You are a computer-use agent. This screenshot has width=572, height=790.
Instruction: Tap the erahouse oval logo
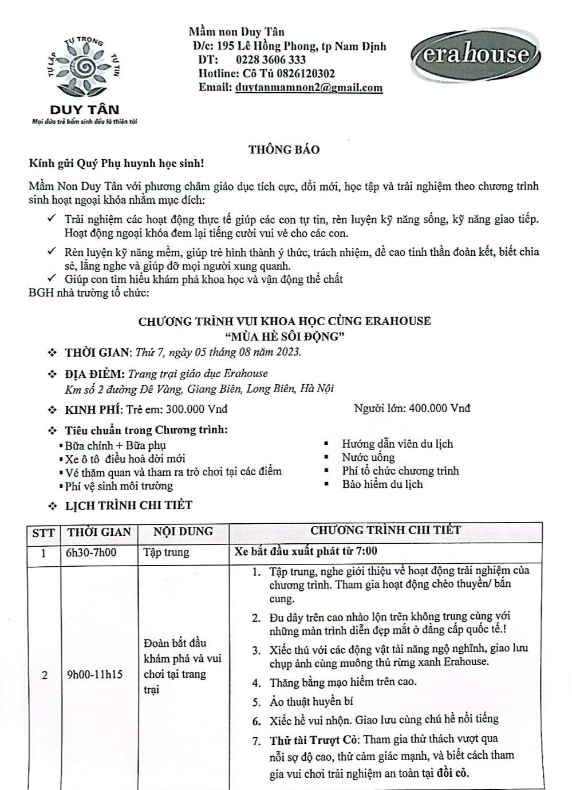[479, 55]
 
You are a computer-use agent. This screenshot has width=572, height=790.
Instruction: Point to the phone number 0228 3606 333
[271, 60]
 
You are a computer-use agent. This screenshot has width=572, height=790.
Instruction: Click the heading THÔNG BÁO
[284, 150]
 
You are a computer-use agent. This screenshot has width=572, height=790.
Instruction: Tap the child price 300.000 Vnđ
[196, 409]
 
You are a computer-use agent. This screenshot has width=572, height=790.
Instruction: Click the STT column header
[44, 532]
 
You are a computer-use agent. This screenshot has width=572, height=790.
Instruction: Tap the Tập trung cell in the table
[166, 553]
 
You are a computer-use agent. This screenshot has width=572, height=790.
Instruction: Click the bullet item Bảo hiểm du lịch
[382, 484]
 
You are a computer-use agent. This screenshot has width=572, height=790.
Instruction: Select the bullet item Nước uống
[368, 457]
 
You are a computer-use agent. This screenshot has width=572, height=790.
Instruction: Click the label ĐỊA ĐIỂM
[94, 374]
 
